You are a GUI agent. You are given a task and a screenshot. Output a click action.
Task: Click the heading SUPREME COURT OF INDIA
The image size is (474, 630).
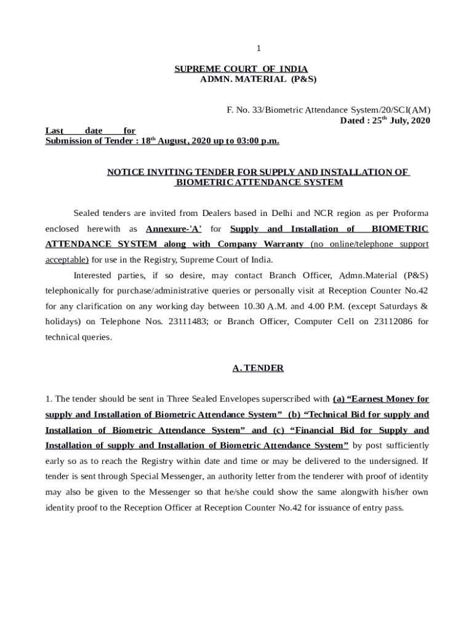(241, 69)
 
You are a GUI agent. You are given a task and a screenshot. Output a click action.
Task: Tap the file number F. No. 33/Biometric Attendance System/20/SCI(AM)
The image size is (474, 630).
(325, 110)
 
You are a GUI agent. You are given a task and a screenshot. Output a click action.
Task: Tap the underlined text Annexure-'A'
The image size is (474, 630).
(174, 229)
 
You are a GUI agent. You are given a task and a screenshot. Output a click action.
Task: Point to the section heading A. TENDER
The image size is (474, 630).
(258, 368)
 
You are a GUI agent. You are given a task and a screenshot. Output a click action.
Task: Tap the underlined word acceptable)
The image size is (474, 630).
(67, 260)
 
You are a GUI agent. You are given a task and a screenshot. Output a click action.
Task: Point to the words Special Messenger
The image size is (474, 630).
(147, 477)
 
